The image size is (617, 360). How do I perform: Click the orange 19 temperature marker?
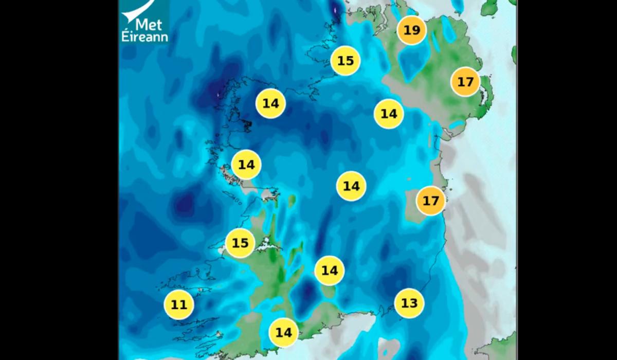(411, 30)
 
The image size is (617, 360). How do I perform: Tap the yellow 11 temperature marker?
(178, 305)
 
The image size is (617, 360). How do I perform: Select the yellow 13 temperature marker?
(409, 303)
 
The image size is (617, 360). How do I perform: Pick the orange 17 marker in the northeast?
(465, 82)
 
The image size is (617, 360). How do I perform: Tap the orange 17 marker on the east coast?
(430, 200)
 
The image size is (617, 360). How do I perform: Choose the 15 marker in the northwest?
(346, 61)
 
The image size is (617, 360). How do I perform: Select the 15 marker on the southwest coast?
(240, 243)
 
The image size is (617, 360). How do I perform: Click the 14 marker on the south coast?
(283, 332)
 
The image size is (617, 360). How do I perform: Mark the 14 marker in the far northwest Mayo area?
(270, 103)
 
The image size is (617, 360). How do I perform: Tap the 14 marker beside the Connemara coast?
(247, 165)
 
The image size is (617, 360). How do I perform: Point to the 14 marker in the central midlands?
(351, 186)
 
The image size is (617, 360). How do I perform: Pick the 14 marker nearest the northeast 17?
(389, 114)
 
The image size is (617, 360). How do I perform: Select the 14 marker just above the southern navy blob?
(329, 270)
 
